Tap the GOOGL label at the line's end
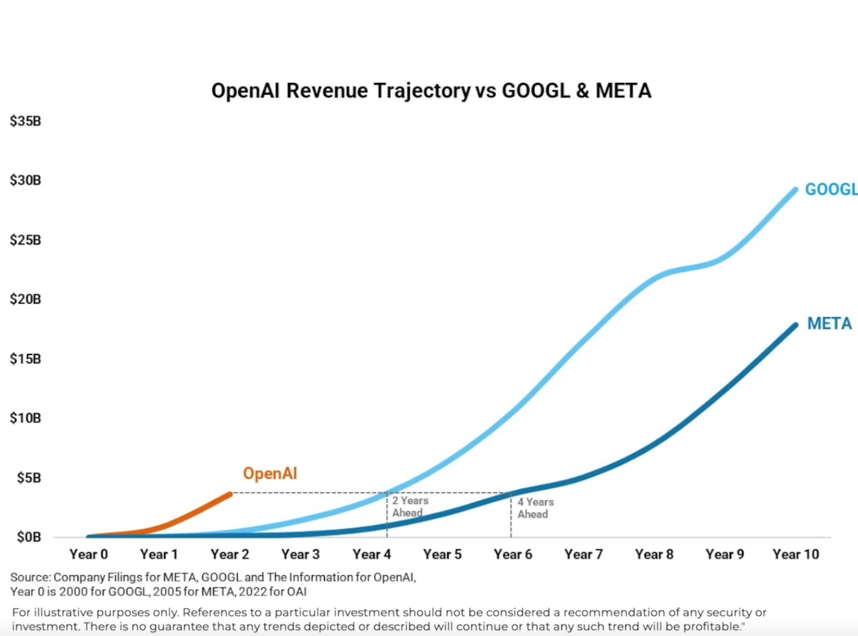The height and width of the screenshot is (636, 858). coord(831,190)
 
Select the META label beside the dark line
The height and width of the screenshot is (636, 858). coord(829,323)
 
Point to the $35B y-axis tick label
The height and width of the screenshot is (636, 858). coord(26,121)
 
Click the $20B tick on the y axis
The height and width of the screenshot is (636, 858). coord(26,299)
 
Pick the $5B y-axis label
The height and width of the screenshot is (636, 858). coord(29,478)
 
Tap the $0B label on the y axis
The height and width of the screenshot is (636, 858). coord(29,537)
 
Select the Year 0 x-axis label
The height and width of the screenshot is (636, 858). coord(89,554)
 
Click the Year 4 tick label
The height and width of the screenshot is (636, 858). coord(372,554)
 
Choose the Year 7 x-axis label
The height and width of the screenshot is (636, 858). coord(584,554)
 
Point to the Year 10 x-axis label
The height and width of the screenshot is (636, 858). coord(796,554)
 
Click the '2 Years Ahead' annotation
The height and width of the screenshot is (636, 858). coord(409,507)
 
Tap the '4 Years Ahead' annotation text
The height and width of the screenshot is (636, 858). coord(535,508)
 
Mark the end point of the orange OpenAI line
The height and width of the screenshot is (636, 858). coord(230,494)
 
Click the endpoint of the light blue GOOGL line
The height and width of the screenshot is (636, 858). coord(796,190)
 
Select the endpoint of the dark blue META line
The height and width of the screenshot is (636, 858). coord(795,325)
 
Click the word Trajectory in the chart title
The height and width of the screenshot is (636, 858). coord(422,91)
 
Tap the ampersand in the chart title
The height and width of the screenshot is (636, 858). coord(582,91)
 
